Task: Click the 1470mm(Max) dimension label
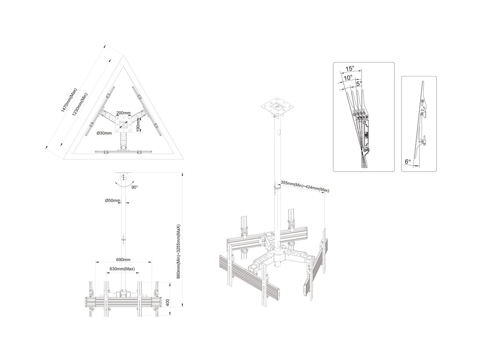coord(69,100)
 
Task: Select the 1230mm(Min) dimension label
coord(80,105)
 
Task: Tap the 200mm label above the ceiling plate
coord(123,113)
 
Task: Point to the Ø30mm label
coord(104,133)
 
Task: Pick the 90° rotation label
coord(135,187)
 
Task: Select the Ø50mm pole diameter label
coord(113,200)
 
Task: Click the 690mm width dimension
coord(123,260)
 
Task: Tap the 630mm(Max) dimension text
coord(122,269)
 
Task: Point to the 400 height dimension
coord(168,303)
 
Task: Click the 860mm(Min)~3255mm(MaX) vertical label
coord(178,252)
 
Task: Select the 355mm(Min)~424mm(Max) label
coord(305,187)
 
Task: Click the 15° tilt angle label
coord(350,68)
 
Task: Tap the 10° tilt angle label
coord(348,78)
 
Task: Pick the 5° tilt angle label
coord(359,84)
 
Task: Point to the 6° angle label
coord(408,162)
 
